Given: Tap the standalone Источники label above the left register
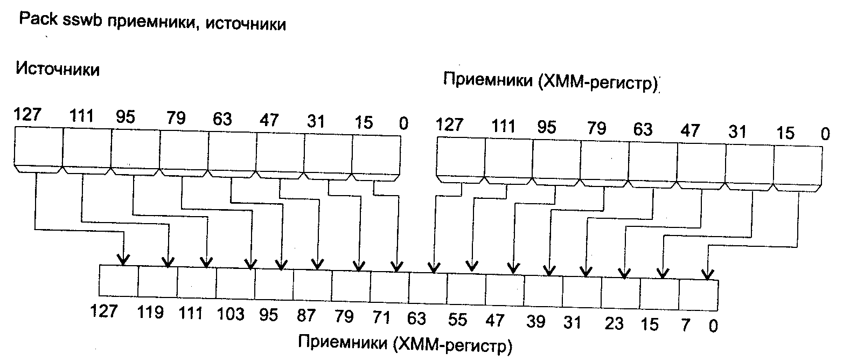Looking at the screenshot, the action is click(x=58, y=69).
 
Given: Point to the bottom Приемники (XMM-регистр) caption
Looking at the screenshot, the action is click(x=404, y=344).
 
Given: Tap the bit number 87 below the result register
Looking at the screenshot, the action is click(x=306, y=316).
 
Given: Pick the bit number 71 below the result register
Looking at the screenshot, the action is click(x=382, y=317).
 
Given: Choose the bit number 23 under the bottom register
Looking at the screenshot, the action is click(x=614, y=323).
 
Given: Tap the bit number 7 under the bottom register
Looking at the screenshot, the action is click(x=684, y=326).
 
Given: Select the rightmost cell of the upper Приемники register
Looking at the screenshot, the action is click(x=797, y=164).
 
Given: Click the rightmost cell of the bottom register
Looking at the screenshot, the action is click(x=698, y=295).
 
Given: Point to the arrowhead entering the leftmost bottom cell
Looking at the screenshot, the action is click(x=124, y=260).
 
